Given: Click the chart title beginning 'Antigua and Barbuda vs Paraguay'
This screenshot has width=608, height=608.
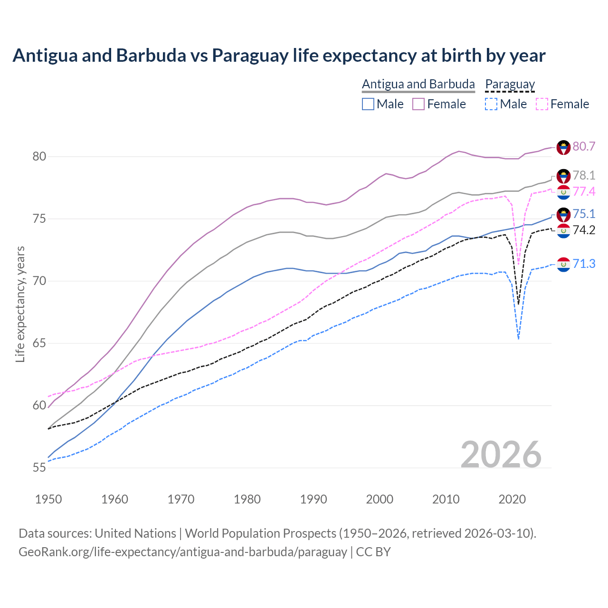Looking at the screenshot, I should (x=279, y=56).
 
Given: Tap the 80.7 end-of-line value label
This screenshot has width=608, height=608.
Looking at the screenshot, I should (x=584, y=146).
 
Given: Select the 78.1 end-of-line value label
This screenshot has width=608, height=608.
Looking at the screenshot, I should (x=584, y=175).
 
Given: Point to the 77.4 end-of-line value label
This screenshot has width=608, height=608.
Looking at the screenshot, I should (x=584, y=191).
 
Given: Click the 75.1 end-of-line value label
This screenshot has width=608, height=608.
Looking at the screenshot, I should (x=584, y=214).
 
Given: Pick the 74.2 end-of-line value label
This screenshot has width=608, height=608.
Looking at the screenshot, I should (x=584, y=230).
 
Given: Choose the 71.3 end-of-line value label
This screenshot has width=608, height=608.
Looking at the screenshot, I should (x=584, y=264).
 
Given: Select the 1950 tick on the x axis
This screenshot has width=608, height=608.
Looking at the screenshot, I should (x=48, y=499).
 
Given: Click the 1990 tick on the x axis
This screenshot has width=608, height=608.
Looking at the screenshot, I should (x=313, y=499).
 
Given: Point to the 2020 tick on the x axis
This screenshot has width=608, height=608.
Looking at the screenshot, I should (x=512, y=499).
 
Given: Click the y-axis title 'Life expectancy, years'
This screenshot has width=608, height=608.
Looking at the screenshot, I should (x=20, y=304).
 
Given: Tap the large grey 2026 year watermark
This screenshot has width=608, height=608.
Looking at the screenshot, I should (x=501, y=455).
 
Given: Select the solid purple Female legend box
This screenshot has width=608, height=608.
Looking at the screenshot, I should (x=418, y=104).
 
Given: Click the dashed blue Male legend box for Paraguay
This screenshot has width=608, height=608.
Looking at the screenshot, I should (x=491, y=104).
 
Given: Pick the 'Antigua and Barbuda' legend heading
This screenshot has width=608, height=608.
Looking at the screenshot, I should (x=418, y=84).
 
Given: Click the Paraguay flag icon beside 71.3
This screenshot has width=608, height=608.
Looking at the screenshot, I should (x=563, y=265).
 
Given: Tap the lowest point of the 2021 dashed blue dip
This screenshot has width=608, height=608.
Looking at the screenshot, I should (x=518, y=339).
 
